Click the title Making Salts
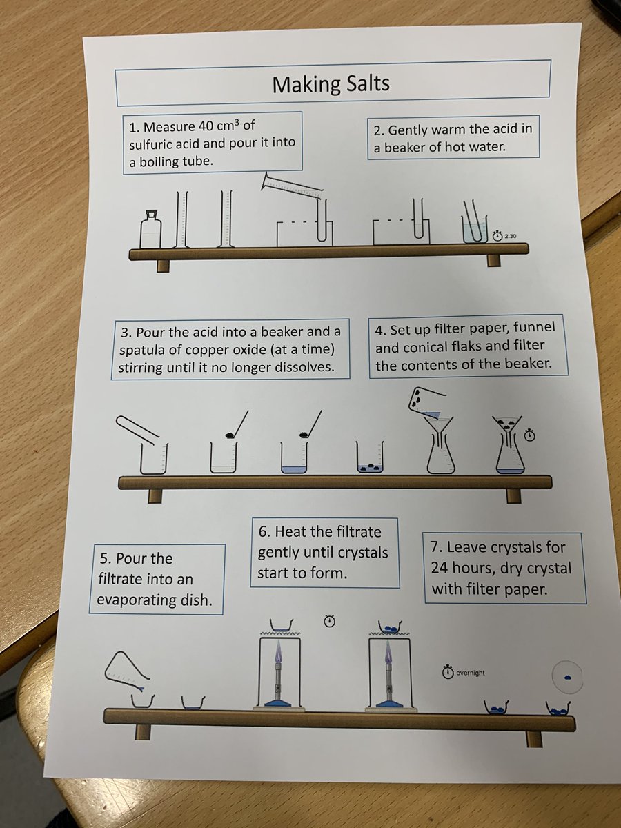click(331, 83)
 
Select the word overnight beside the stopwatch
click(471, 673)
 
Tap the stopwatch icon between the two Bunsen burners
click(329, 622)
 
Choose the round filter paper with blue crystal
click(567, 676)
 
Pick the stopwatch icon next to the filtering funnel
click(530, 435)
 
